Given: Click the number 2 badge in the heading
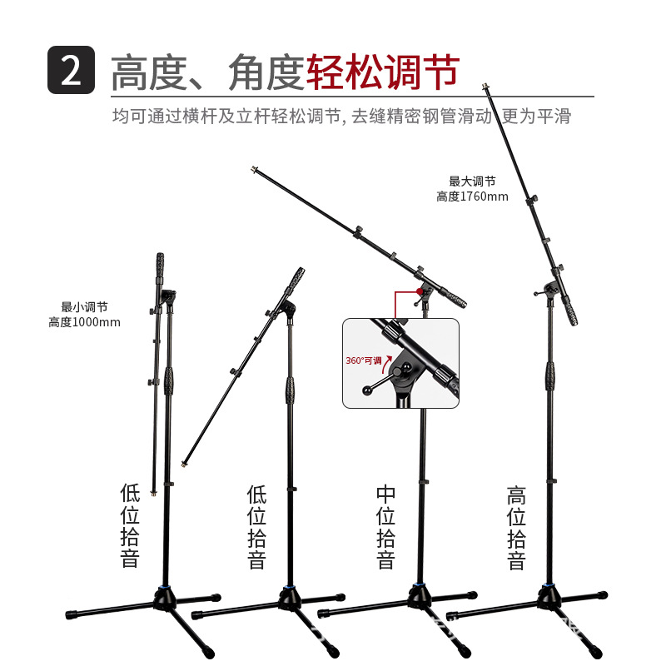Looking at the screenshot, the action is (71, 70).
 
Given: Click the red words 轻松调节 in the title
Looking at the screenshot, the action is (383, 72).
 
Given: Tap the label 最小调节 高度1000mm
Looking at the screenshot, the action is (84, 315).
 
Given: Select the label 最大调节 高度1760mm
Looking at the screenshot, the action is (472, 189).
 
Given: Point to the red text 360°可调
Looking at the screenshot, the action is (364, 360).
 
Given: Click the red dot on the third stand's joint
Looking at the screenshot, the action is (420, 291).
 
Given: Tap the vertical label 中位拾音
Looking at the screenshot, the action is (385, 527).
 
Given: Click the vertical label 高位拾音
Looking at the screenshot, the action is (516, 528).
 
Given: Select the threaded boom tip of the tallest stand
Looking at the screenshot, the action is (485, 87).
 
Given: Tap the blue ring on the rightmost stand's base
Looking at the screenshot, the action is (548, 588).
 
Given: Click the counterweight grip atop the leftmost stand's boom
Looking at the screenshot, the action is (160, 266).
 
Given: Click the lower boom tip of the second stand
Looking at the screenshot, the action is (184, 464).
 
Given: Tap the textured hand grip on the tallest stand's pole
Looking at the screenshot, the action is (550, 375).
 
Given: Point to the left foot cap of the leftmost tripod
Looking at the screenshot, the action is (71, 614).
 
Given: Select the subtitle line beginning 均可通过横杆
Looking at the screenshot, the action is (341, 116).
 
